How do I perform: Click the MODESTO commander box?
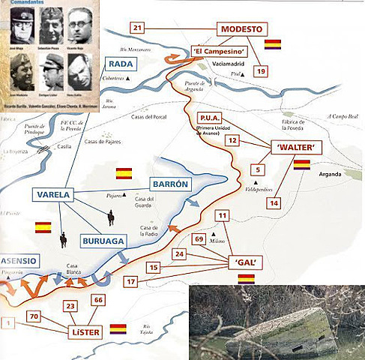(x=242, y=29)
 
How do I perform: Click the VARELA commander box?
(x=52, y=194)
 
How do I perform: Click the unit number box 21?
(x=136, y=28)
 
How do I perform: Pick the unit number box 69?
(x=199, y=239)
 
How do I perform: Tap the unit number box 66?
(x=97, y=301)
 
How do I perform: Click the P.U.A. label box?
(x=207, y=118)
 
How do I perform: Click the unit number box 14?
(x=274, y=202)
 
